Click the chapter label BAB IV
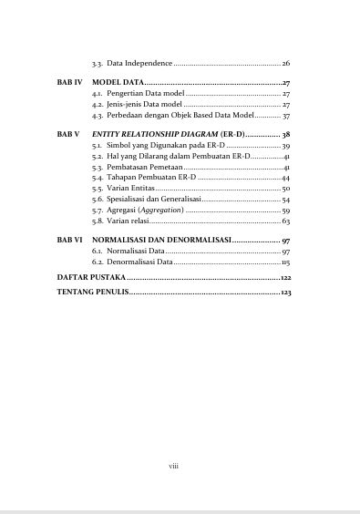point(69,82)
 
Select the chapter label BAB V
point(68,134)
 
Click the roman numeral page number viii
point(173,466)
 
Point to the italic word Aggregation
point(159,210)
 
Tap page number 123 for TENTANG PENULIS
point(285,293)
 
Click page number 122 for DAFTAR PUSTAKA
point(285,275)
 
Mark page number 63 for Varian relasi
point(286,221)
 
